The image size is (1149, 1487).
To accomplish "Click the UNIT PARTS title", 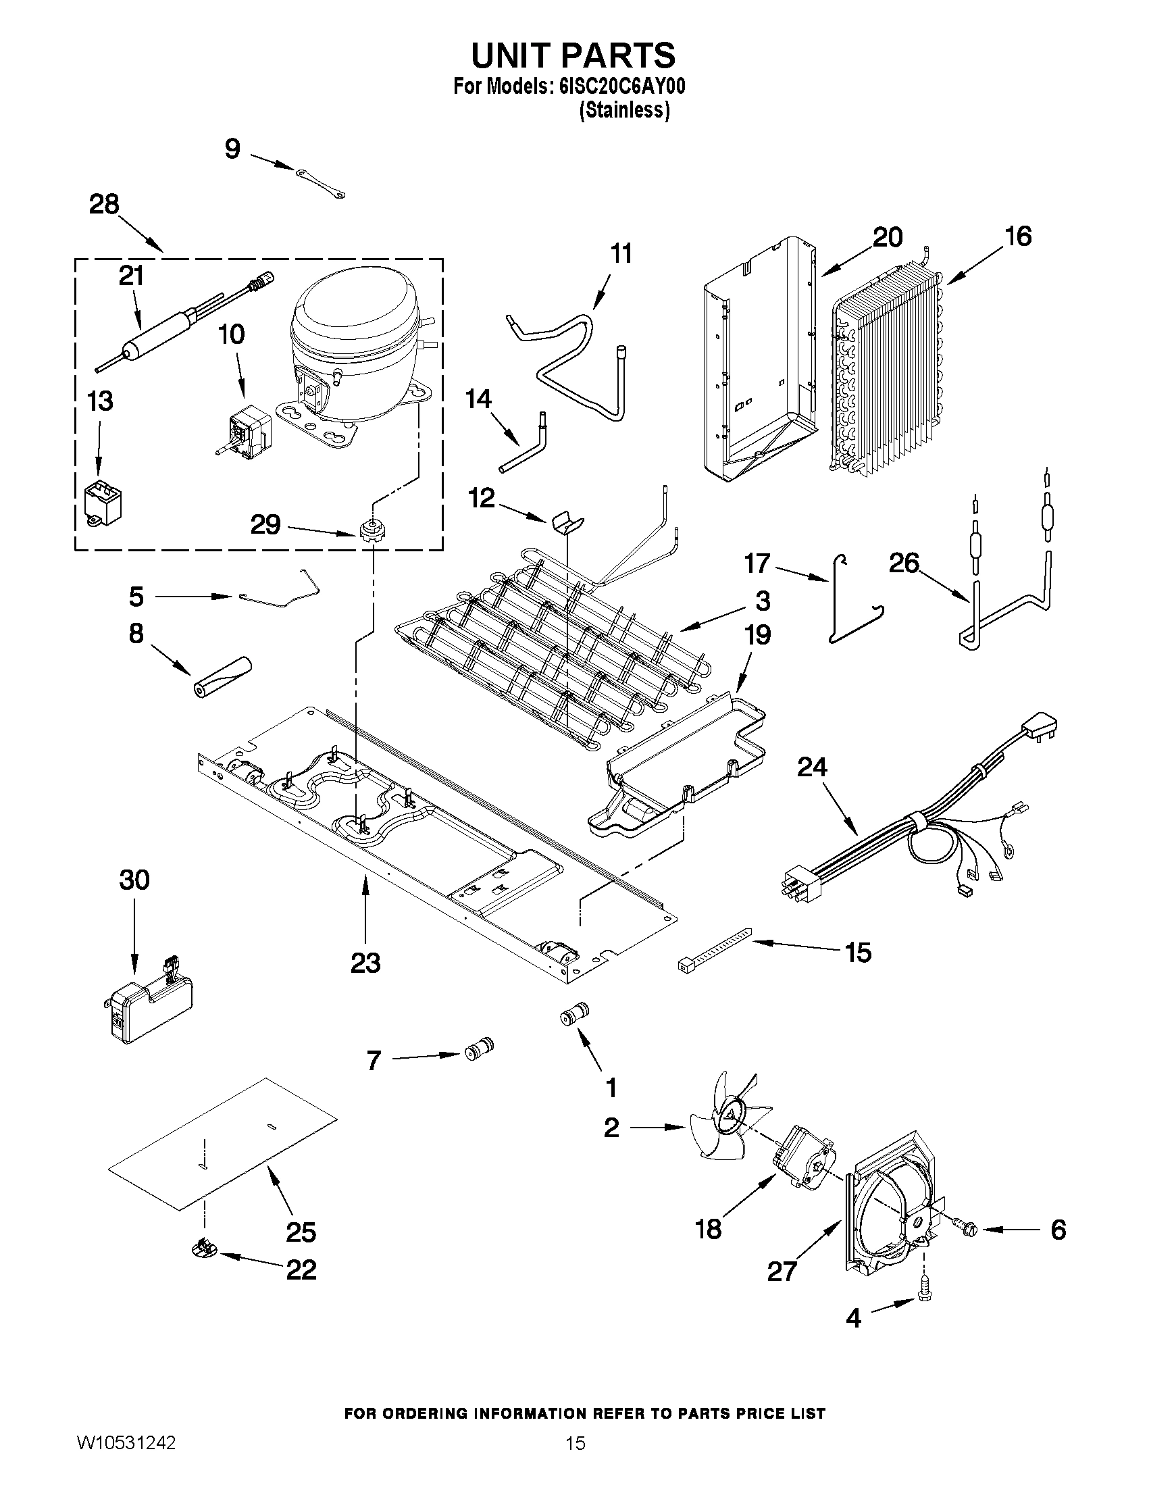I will [573, 55].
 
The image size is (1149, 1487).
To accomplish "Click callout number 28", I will [104, 203].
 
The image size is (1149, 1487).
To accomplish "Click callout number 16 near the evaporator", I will [1018, 236].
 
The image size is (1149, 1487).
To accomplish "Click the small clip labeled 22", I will [202, 1247].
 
